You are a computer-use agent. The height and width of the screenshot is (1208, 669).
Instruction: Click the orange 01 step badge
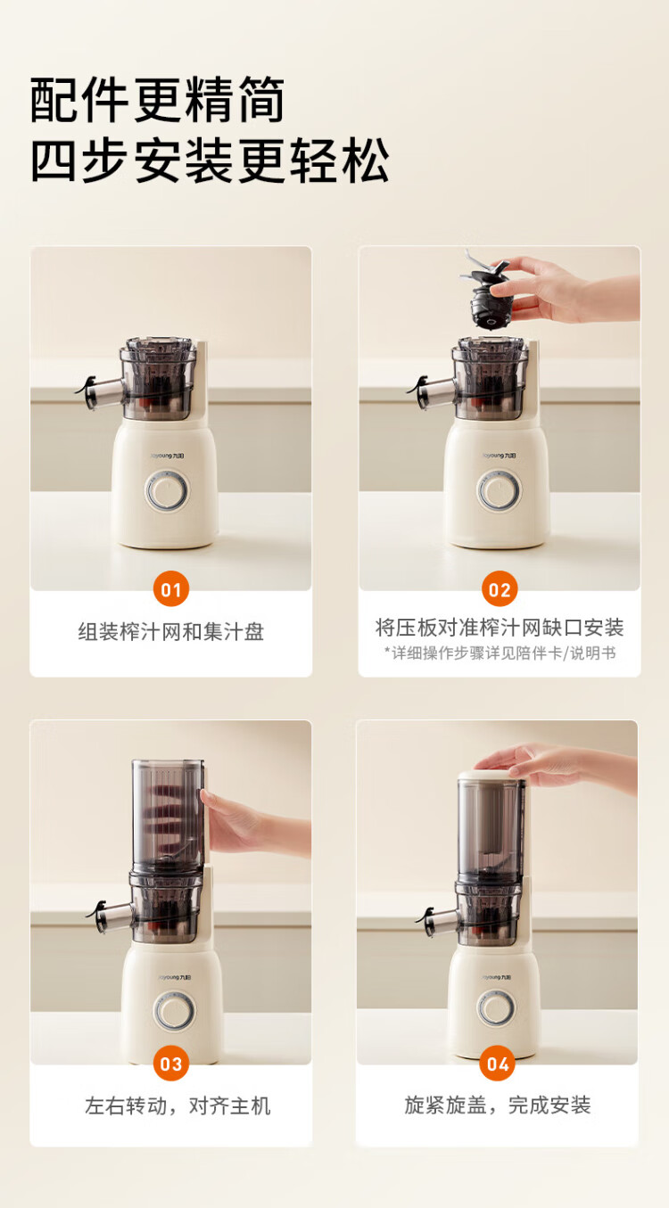point(171,589)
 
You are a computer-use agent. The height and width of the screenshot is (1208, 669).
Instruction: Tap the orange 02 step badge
point(500,589)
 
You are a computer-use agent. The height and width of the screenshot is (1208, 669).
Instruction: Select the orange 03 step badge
point(171,1063)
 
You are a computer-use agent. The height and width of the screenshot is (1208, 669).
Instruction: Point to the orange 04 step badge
point(498,1063)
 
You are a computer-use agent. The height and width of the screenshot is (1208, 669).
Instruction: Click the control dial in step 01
point(168,491)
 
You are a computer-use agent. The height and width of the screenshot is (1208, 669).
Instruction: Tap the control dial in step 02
point(499,491)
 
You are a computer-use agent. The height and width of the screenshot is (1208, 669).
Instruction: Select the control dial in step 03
point(174,1011)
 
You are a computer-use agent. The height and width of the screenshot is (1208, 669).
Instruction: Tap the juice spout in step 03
point(110,916)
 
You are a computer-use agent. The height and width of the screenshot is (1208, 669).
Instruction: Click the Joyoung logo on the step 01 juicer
point(168,456)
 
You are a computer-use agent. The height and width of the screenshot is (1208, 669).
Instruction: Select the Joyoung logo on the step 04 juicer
point(496,977)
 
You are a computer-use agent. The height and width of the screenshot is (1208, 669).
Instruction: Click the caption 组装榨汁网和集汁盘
point(171,631)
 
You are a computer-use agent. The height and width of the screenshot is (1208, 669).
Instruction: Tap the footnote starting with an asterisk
point(500,653)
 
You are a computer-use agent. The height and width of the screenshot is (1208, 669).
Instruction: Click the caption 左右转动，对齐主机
point(178,1105)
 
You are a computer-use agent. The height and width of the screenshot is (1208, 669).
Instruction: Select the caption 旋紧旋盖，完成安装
point(498,1105)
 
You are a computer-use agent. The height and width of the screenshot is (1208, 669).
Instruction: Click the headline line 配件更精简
point(157,100)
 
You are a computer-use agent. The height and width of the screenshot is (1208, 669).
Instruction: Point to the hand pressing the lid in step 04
point(556,766)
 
